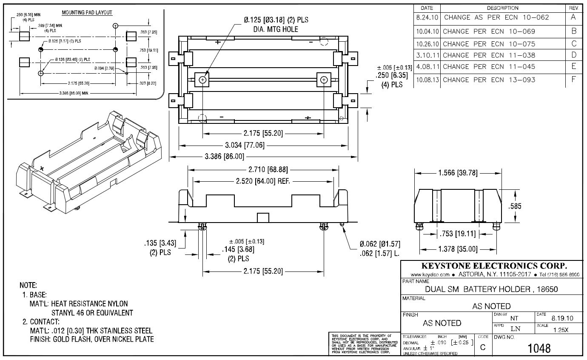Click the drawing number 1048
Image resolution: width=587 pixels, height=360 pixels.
[539, 349]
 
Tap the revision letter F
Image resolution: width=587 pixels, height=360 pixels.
[574, 79]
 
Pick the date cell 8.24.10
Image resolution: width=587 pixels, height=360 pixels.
[427, 18]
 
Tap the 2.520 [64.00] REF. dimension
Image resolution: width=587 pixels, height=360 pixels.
[263, 181]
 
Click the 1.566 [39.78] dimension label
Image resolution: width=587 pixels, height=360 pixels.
[457, 173]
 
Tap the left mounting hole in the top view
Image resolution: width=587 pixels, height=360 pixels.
[202, 80]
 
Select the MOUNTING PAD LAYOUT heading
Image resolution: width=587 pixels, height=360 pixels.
[87, 12]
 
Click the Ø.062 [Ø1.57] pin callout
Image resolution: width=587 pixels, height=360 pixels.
[380, 244]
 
